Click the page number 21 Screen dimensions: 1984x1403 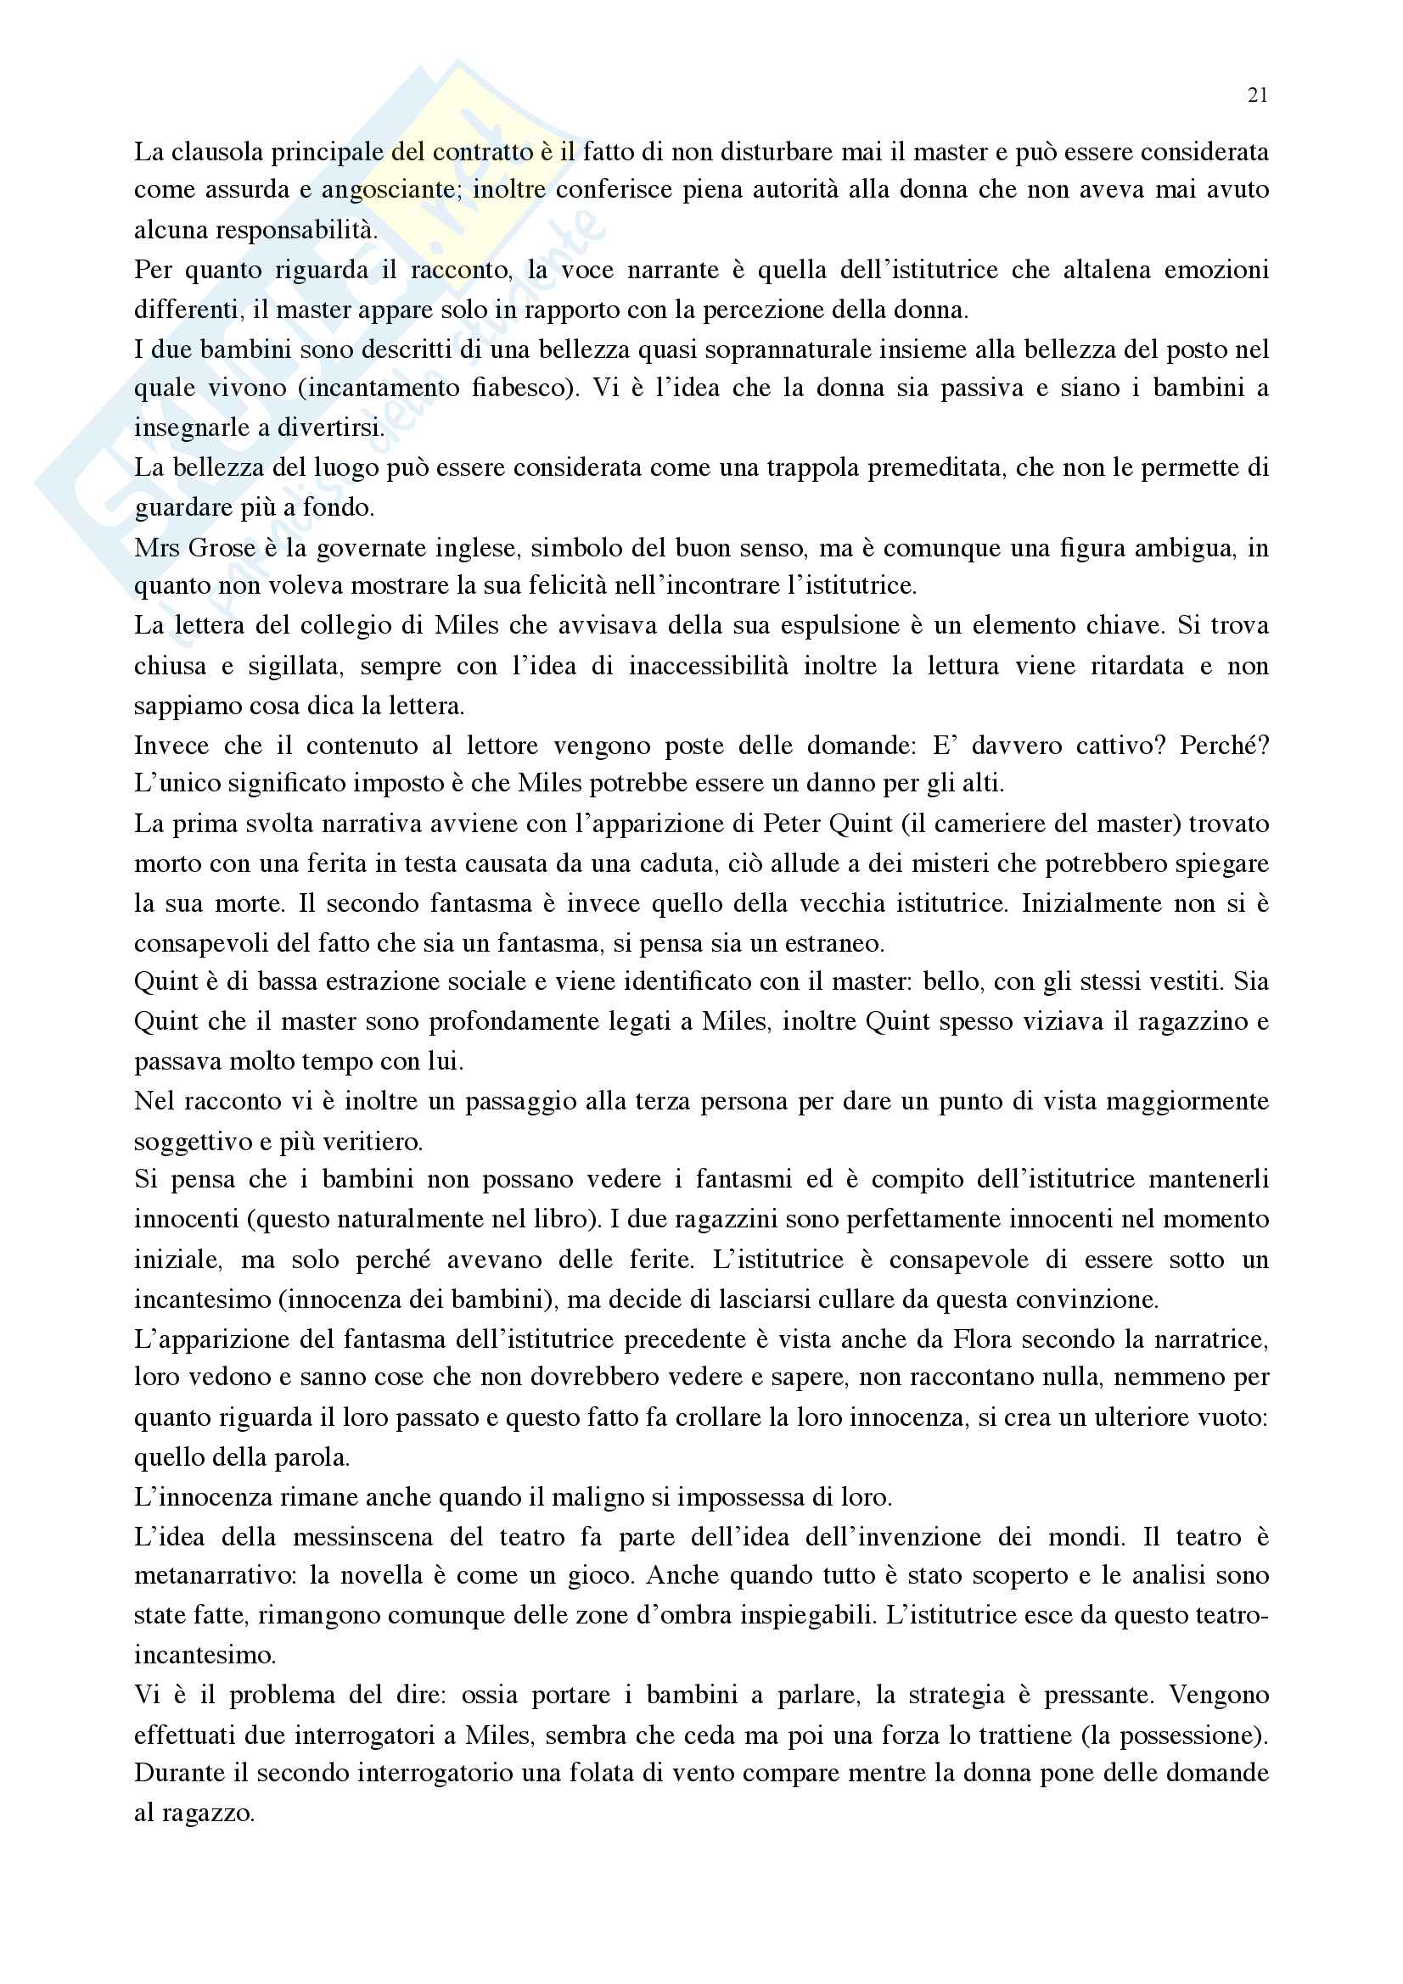point(1258,96)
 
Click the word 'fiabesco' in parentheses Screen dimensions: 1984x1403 point(521,388)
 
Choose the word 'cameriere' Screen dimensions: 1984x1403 point(994,824)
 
